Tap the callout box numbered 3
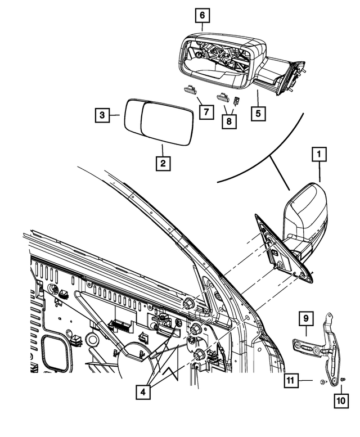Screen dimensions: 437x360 click(x=101, y=116)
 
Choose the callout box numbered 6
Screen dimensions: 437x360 click(x=202, y=16)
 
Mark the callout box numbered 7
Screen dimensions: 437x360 click(x=206, y=112)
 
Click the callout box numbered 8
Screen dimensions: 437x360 click(x=229, y=120)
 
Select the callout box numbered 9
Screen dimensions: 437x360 click(x=306, y=319)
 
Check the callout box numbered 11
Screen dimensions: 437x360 click(x=291, y=381)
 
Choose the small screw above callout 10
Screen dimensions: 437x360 click(x=343, y=381)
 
